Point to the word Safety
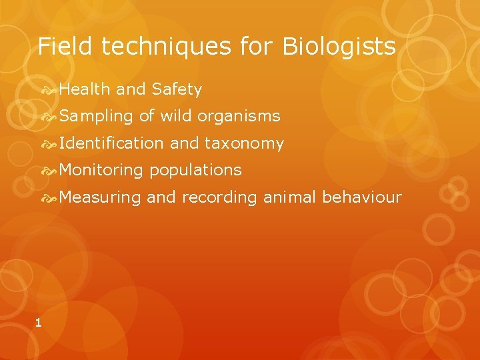(177, 89)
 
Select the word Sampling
(96, 117)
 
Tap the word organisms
(239, 117)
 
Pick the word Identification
(111, 143)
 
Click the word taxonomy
(244, 144)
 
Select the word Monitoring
(101, 171)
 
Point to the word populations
(195, 171)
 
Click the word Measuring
(100, 198)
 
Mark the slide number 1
(38, 323)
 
